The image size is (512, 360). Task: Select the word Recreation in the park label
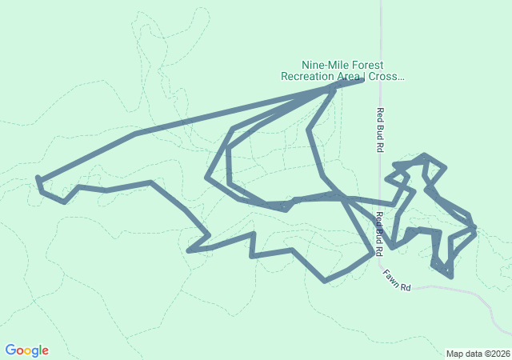click(x=307, y=77)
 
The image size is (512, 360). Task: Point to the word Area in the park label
click(x=348, y=77)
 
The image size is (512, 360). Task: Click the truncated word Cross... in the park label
click(x=387, y=77)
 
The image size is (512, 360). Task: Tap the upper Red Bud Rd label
click(x=381, y=130)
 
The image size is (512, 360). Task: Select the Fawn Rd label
click(x=396, y=280)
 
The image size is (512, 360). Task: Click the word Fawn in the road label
click(x=391, y=277)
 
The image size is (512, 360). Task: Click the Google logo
click(x=26, y=350)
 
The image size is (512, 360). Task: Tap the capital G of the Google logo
click(x=10, y=350)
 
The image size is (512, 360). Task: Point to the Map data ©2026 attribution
click(x=477, y=354)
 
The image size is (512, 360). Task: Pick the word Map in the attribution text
click(x=455, y=354)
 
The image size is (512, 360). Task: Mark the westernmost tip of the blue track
click(x=38, y=178)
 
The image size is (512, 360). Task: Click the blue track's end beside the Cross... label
click(x=362, y=81)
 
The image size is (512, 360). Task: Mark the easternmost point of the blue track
click(x=476, y=230)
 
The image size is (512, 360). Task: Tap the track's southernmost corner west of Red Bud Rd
click(x=325, y=281)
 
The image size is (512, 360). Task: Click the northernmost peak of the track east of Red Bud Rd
click(x=426, y=155)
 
